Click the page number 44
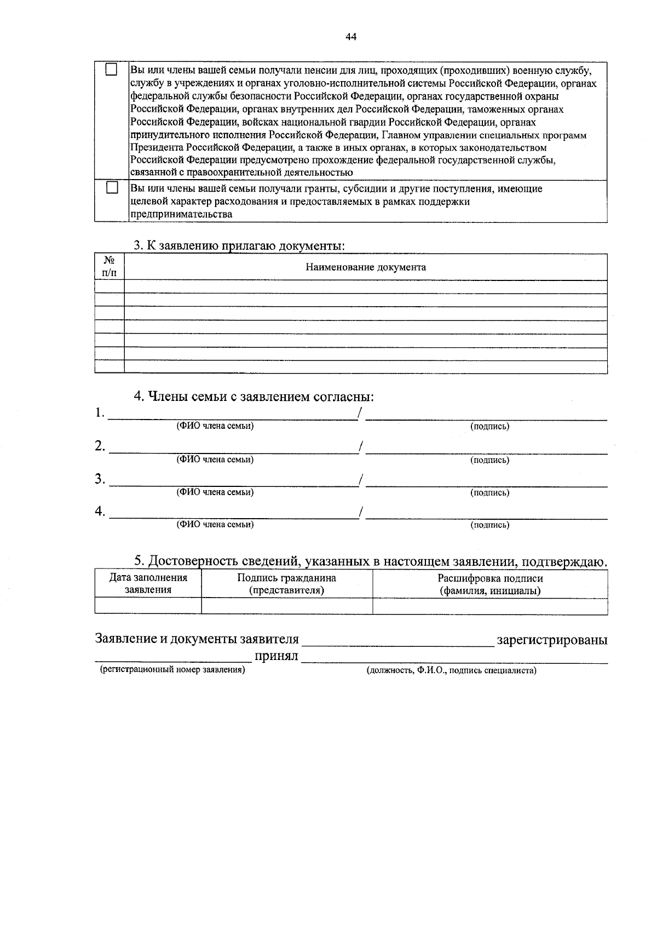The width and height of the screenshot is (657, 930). point(351,37)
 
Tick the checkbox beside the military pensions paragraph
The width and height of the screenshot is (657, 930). point(112,70)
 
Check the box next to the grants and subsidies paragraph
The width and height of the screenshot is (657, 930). point(112,187)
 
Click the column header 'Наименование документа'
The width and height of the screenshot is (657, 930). point(366,267)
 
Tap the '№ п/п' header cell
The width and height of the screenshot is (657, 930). point(109,267)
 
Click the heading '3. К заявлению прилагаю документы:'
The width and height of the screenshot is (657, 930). point(239,246)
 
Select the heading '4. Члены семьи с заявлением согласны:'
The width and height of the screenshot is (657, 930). point(254,397)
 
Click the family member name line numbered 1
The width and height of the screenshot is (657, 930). point(233,415)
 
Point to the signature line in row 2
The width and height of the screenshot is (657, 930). point(486,449)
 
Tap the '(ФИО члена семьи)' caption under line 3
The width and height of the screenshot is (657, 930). point(215,492)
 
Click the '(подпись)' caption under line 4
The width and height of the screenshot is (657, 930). point(490,525)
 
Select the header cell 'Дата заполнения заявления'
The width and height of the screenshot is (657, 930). point(148,584)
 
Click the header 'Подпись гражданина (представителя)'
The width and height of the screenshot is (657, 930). point(286,584)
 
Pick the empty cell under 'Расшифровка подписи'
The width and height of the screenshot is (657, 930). point(490,606)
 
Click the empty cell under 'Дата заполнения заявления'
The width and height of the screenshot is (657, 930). point(148,606)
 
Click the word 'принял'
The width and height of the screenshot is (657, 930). point(276,656)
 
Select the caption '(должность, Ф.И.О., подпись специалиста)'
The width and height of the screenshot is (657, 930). point(451,670)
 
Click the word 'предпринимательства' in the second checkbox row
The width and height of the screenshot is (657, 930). point(181,214)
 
